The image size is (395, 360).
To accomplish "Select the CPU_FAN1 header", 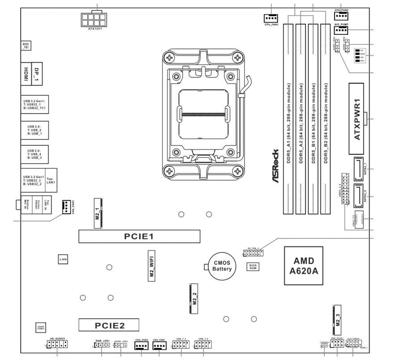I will pos(272,18).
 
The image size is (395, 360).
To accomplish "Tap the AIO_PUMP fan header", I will pos(341,30).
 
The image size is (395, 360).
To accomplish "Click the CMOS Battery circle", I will pos(222,267).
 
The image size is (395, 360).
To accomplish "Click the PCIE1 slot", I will pos(139,236).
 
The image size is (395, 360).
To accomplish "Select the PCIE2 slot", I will pos(109,325).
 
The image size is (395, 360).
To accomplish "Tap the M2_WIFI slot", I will pos(152,266).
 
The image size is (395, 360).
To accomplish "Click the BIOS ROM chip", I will pos(252,267).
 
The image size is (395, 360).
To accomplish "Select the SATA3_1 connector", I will pos(359,170).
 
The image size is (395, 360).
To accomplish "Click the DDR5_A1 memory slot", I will pos(289,116).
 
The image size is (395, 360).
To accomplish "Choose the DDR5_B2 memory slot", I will pos(325,116).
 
